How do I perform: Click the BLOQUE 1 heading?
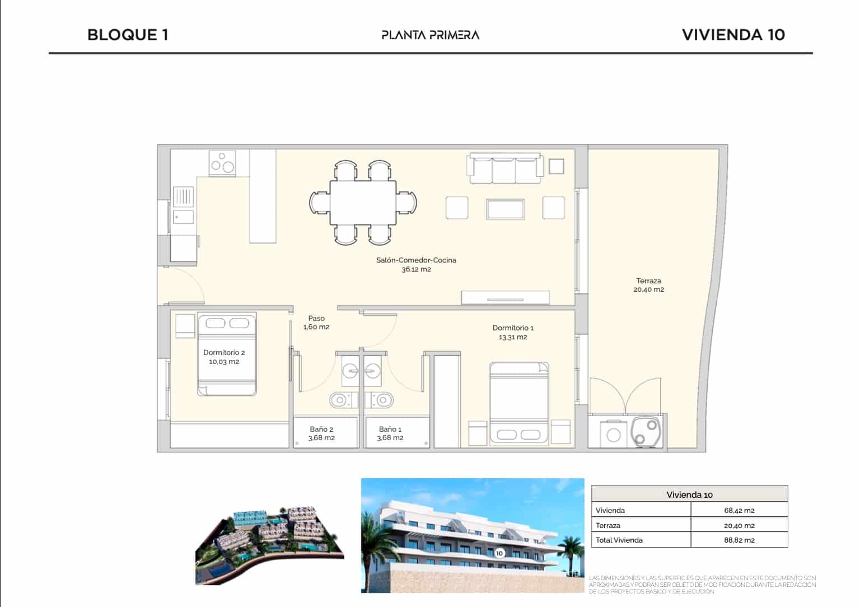[x=128, y=35]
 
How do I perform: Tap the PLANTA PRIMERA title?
[x=430, y=35]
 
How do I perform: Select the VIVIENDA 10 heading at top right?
[x=733, y=35]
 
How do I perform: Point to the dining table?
[x=363, y=202]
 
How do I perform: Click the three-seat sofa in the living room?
[x=505, y=169]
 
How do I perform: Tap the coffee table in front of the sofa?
[x=506, y=209]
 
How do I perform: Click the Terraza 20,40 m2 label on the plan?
[x=648, y=285]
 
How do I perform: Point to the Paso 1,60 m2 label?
[x=316, y=323]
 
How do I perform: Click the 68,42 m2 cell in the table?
[x=739, y=510]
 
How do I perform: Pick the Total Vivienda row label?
[x=619, y=540]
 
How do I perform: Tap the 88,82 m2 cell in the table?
[x=739, y=540]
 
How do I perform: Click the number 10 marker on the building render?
[x=499, y=553]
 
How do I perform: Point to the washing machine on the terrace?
[x=614, y=435]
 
